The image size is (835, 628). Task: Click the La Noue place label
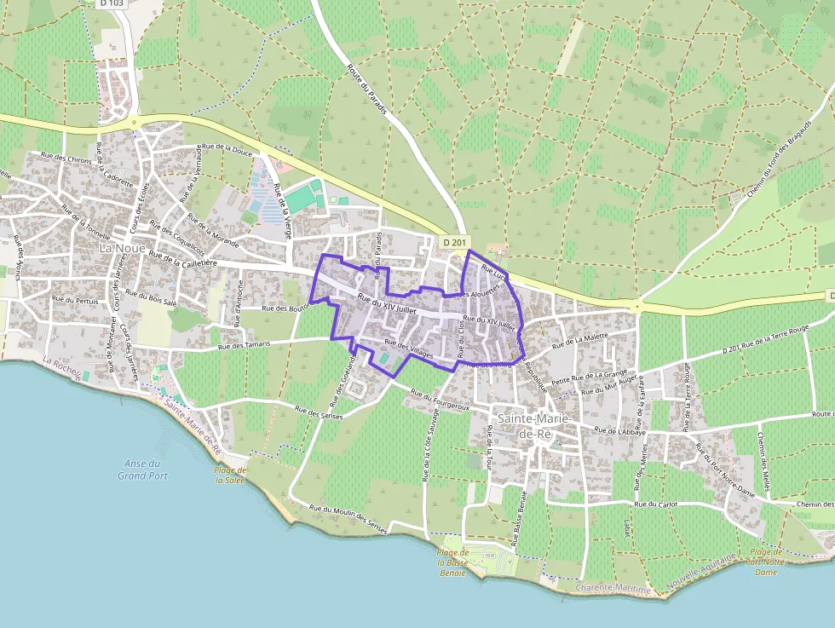pos(118,247)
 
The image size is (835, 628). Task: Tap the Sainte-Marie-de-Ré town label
pos(535,425)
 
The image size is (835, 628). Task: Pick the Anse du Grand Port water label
pos(143,469)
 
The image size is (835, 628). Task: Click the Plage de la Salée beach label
pos(230,475)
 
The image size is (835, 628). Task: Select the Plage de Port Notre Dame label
pos(765,562)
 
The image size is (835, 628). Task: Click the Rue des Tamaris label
pos(244,345)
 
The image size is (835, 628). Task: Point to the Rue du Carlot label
pos(656,504)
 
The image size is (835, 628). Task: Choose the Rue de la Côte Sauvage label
pos(426,447)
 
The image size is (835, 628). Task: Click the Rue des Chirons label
pos(67,159)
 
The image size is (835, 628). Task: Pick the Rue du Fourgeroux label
pos(441,400)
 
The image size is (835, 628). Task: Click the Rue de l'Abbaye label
pos(621,432)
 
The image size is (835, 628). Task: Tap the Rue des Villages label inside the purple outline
pos(409,349)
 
